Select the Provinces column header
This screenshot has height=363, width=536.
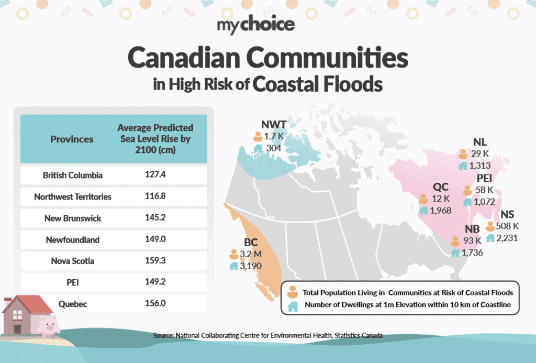click(x=72, y=139)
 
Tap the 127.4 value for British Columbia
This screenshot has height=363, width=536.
click(x=155, y=175)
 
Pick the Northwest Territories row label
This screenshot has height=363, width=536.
click(x=72, y=197)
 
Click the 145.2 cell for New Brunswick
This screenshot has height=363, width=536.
click(x=155, y=218)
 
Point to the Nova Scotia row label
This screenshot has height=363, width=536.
click(x=72, y=261)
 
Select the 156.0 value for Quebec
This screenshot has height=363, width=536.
click(x=155, y=303)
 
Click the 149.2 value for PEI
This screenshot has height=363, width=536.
click(x=155, y=282)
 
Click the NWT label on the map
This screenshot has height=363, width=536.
click(x=274, y=125)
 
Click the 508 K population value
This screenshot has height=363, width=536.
click(x=507, y=226)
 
